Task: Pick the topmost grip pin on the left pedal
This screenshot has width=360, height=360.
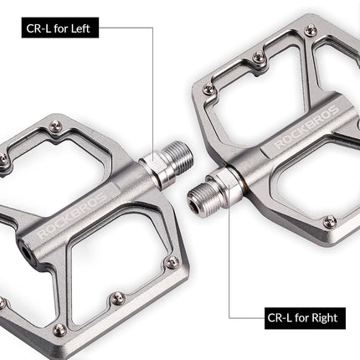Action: [x=55, y=126]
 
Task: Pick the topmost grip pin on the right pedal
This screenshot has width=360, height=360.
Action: [x=311, y=30]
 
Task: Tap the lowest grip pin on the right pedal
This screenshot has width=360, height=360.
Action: [x=329, y=221]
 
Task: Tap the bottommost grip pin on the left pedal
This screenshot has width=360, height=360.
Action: [x=58, y=329]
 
